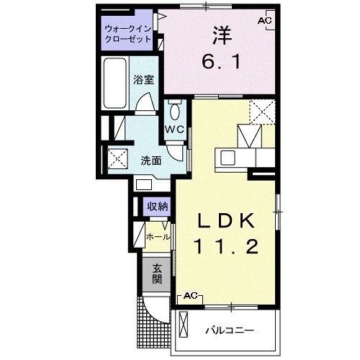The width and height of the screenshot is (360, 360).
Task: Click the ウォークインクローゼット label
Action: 127,34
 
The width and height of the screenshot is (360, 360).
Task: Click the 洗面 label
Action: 150,160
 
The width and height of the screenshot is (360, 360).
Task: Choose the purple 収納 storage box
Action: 158,207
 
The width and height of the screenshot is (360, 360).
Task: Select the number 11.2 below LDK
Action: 225,247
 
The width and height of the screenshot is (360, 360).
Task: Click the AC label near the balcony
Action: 190,296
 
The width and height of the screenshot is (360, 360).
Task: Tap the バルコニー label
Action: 229,330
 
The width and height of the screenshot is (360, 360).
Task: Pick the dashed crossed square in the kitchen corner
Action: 261,111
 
